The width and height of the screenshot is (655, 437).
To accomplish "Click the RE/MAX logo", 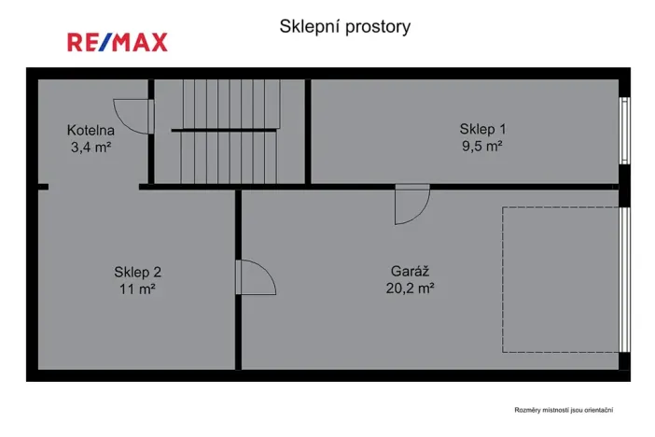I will click(x=117, y=42).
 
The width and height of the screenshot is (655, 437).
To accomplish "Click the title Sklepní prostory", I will click(x=344, y=27).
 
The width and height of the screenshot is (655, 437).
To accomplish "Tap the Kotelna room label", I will click(x=91, y=130).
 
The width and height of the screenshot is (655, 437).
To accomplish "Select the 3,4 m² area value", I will click(x=91, y=147).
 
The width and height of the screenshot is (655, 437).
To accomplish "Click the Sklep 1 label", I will click(x=482, y=129).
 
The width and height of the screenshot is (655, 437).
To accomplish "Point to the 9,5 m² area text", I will click(x=482, y=146).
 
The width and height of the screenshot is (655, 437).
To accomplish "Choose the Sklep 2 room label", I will click(x=138, y=272).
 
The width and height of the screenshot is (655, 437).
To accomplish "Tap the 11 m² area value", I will click(x=138, y=289).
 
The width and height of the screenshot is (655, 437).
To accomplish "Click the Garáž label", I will click(x=410, y=272).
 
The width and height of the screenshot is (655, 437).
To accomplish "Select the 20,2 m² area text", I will click(x=410, y=289).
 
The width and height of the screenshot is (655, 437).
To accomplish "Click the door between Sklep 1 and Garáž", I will click(x=411, y=204).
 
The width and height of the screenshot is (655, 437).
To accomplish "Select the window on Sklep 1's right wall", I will click(x=624, y=130).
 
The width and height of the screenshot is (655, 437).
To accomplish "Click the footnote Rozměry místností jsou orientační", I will click(x=564, y=409).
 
